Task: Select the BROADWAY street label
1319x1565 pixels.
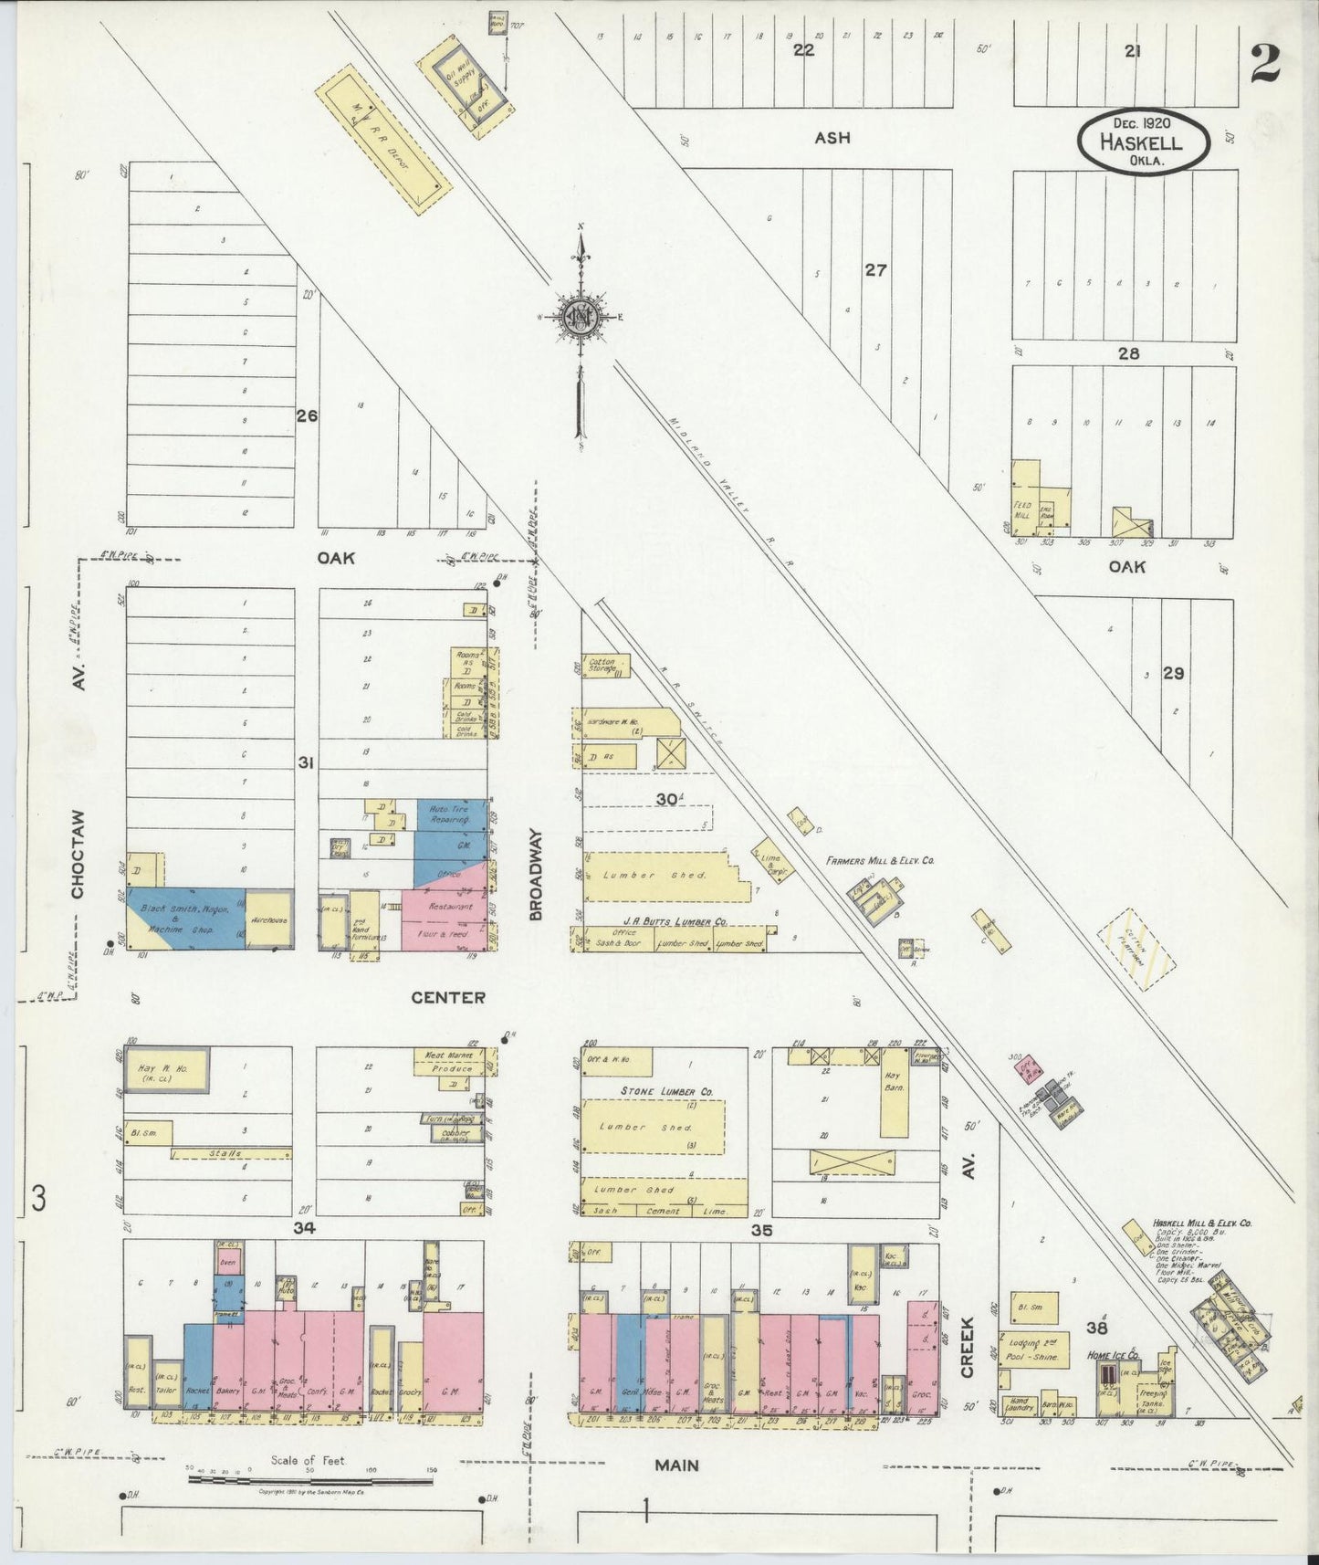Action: click(x=537, y=874)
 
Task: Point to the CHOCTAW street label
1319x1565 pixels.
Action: click(x=79, y=854)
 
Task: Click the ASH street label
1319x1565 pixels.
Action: click(x=832, y=138)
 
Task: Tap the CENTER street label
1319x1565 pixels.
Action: click(x=447, y=998)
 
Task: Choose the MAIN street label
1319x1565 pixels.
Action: click(x=676, y=1465)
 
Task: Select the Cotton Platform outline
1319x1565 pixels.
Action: click(x=1136, y=951)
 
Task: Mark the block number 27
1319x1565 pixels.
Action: click(x=875, y=270)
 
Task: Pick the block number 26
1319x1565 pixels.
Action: click(x=306, y=415)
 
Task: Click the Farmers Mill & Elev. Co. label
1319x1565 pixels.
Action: click(x=880, y=860)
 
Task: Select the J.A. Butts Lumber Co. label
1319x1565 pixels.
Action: click(x=675, y=919)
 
